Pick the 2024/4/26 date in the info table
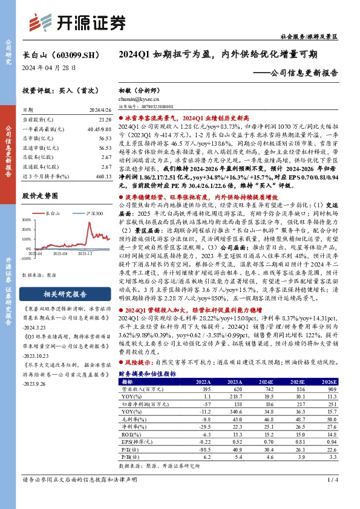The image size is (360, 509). coord(99,110)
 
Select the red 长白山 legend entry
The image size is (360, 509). coord(54,214)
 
